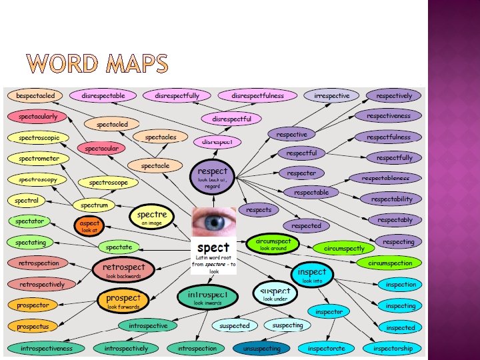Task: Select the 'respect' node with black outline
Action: (x=213, y=176)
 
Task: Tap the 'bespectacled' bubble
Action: (x=37, y=96)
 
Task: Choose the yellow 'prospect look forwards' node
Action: (x=123, y=301)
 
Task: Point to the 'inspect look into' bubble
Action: (x=312, y=275)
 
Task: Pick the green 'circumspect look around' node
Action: (x=273, y=244)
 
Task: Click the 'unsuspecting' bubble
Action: (x=262, y=348)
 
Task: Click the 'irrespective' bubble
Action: (x=331, y=96)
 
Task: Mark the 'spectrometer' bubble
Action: (x=39, y=159)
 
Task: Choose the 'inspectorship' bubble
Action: (x=393, y=348)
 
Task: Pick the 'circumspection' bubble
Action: (x=390, y=263)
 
